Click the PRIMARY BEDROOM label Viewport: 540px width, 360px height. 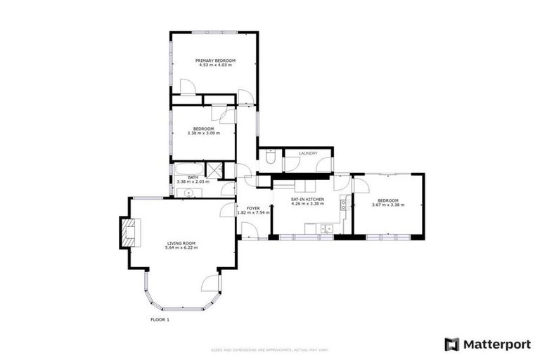click(215, 60)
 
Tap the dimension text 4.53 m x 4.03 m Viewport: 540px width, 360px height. click(215, 65)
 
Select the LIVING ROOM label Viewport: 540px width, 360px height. click(181, 243)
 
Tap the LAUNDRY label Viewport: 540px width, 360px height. click(308, 153)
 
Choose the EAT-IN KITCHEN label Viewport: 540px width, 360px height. click(307, 200)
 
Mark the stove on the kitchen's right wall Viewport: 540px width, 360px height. click(345, 205)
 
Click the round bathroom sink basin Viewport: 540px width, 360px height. click(188, 192)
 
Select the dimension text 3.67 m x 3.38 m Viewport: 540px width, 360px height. click(387, 205)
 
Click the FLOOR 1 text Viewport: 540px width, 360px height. click(160, 320)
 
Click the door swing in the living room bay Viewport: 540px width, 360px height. click(210, 283)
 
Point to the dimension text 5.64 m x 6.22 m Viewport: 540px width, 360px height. click(181, 247)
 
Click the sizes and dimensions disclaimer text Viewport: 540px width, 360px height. click(270, 349)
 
